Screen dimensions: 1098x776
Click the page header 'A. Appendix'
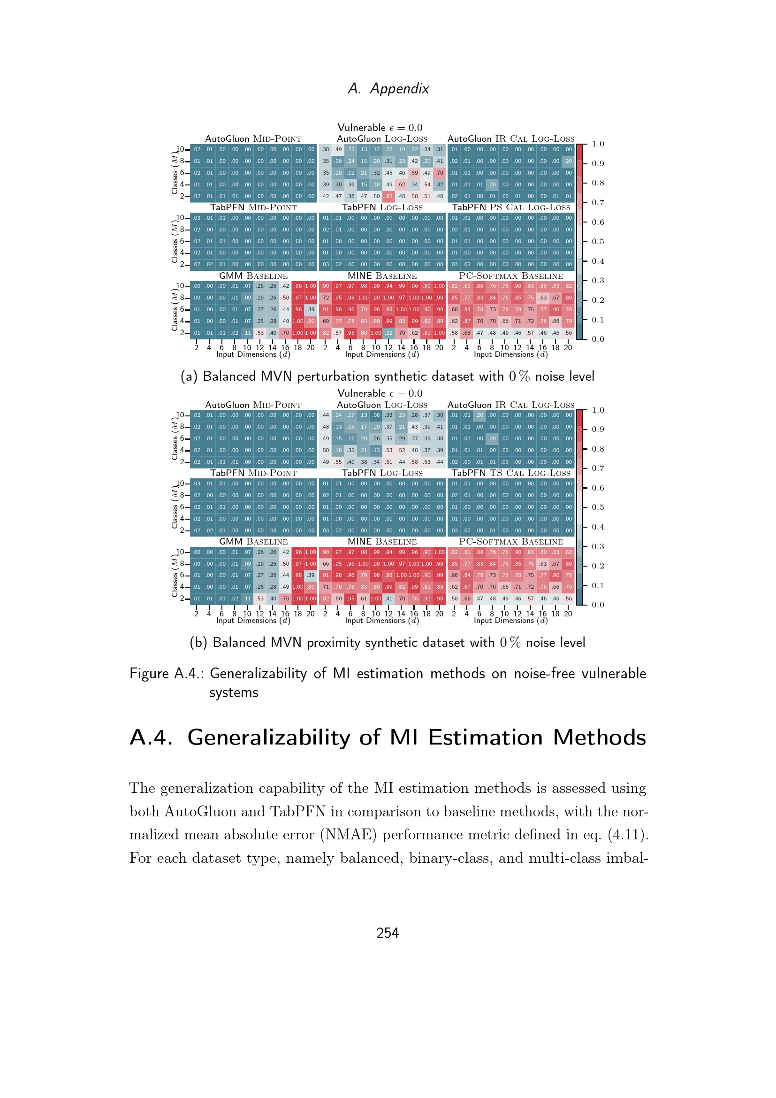click(x=388, y=88)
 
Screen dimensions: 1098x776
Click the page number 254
click(x=388, y=933)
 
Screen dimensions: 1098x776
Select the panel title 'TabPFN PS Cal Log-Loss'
click(x=511, y=207)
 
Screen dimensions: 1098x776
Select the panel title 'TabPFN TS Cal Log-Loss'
click(x=511, y=473)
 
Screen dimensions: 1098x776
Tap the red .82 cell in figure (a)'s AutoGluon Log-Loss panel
click(x=389, y=196)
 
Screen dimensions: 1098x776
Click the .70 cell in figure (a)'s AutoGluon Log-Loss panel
click(x=440, y=173)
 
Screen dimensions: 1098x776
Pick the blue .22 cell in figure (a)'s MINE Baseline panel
click(x=389, y=333)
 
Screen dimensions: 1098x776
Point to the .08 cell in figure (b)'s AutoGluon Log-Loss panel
click(x=376, y=415)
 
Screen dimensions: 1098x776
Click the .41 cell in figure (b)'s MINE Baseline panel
click(x=389, y=598)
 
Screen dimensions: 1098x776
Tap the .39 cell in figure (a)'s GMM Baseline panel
click(x=311, y=309)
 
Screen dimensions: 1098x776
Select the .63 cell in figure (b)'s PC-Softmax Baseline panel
click(x=543, y=564)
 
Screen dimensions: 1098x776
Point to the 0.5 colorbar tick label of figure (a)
click(x=598, y=241)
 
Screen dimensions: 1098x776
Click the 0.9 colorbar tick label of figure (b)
click(x=598, y=430)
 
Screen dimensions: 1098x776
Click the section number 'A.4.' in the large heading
click(x=151, y=737)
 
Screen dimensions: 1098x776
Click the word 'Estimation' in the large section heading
click(x=486, y=737)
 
